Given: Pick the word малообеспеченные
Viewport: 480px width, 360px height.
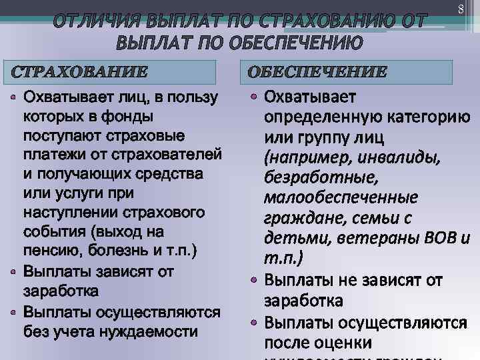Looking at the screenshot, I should pos(341,198).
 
